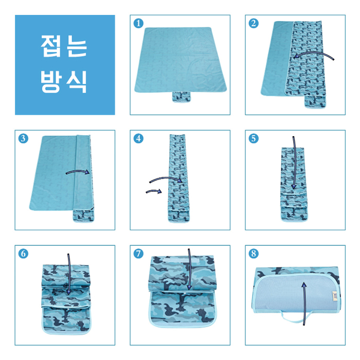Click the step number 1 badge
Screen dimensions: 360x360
138,24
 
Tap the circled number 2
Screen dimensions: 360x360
254,24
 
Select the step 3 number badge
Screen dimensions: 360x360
24,139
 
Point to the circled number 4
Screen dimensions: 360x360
138,139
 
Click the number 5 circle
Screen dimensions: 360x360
254,139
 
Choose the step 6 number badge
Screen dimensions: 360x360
24,254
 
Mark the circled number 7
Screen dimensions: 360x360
138,254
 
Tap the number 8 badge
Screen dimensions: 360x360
254,254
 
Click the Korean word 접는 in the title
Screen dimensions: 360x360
64,46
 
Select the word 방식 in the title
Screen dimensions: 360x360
64,81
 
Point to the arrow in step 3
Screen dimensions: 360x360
78,171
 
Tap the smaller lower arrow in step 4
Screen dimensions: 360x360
154,191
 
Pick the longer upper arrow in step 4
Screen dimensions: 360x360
166,177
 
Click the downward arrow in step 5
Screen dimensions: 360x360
295,163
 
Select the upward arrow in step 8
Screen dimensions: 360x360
304,303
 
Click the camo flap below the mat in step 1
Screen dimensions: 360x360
182,97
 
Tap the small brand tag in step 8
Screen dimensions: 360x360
335,296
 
